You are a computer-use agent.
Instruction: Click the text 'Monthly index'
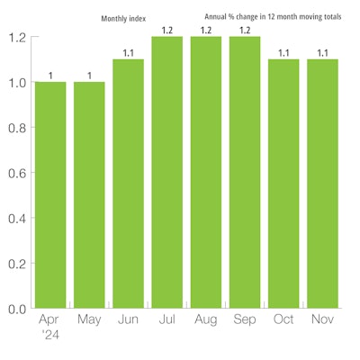click(x=124, y=17)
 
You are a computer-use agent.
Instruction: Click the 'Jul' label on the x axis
click(x=166, y=319)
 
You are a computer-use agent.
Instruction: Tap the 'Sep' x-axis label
click(x=245, y=319)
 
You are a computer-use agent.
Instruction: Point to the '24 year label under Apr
click(x=49, y=334)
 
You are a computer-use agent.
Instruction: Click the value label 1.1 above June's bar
click(x=128, y=53)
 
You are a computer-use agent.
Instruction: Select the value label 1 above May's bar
click(x=89, y=76)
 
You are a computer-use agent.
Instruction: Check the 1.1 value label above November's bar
click(x=322, y=53)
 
